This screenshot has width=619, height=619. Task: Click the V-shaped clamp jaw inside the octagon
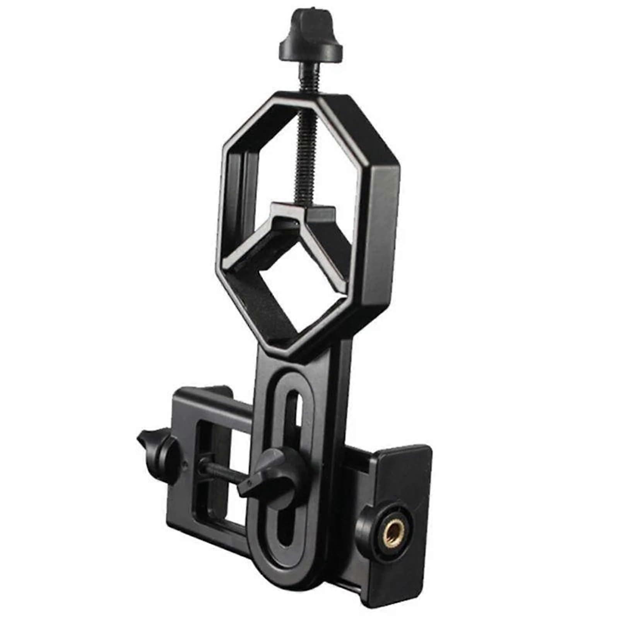click(x=306, y=221)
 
